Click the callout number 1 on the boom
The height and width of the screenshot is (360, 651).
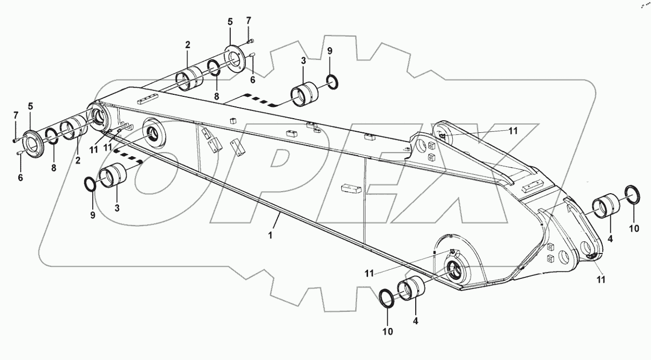270,236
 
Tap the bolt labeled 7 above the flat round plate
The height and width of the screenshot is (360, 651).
250,41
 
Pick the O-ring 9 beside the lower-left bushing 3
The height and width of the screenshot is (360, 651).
90,185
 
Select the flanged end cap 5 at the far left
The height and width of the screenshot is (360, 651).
33,144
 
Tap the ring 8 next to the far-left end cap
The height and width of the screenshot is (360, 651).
51,136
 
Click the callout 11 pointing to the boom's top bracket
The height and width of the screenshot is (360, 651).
513,131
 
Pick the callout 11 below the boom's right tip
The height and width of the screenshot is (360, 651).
600,279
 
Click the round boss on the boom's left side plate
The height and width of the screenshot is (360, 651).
152,133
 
